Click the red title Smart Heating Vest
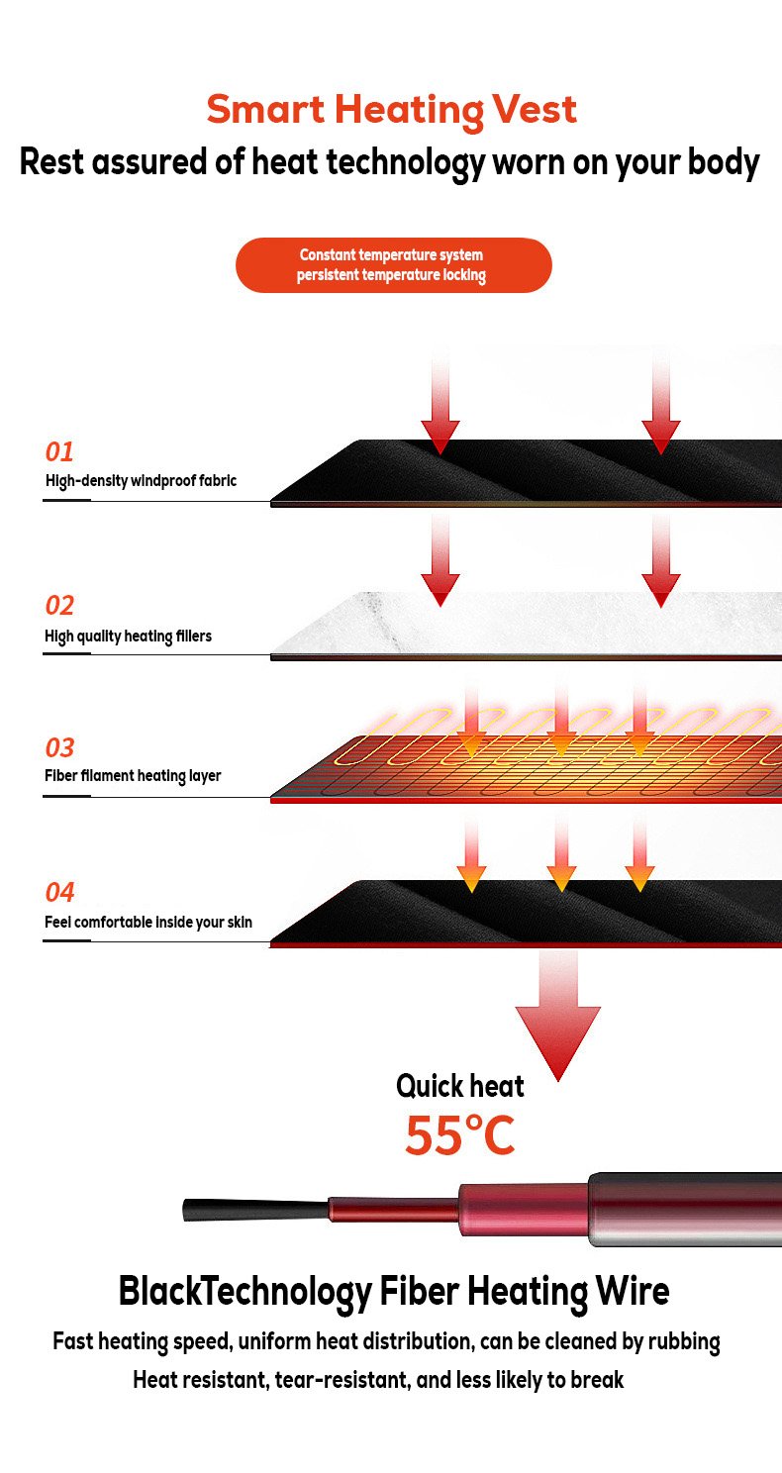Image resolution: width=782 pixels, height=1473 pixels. [391, 109]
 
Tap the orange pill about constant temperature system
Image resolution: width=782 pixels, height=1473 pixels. [393, 265]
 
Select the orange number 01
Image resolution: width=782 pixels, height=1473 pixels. [60, 452]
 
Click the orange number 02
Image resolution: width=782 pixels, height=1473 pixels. [60, 606]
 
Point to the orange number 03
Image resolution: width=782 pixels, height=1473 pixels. [60, 748]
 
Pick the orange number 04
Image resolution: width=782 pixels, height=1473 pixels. [60, 893]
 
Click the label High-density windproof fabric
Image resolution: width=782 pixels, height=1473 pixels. [141, 482]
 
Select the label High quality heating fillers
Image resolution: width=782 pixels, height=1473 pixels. [128, 637]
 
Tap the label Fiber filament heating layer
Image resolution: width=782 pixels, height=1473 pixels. [133, 776]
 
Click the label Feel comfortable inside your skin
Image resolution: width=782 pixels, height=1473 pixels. [148, 923]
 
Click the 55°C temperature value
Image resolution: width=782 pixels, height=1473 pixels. [459, 1135]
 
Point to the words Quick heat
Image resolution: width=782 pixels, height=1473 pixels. [459, 1086]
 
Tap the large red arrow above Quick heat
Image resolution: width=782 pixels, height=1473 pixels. [558, 1030]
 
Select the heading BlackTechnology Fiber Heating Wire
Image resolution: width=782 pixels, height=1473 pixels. [393, 1291]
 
